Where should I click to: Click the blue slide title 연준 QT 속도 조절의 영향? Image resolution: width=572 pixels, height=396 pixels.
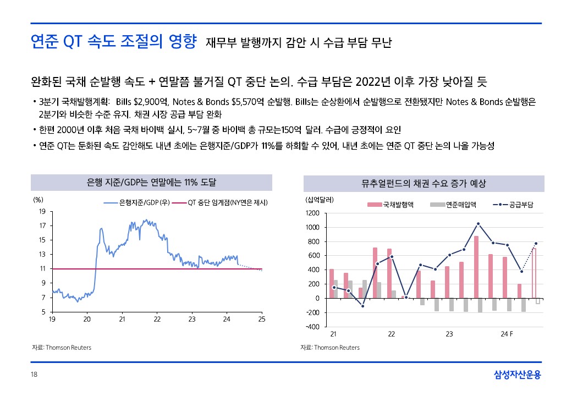coord(113,42)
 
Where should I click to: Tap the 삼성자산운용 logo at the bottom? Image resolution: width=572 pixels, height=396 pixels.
coord(518,375)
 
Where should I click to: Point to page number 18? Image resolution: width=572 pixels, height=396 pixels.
coord(34,374)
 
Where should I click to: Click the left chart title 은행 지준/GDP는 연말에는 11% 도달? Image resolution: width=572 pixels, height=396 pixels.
coord(151,182)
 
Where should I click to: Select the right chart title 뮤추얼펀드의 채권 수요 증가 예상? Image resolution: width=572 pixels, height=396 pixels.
coord(424,183)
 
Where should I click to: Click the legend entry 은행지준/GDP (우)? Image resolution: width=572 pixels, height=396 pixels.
coord(137,203)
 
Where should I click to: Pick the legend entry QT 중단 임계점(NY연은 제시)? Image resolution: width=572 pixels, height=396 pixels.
coord(219,203)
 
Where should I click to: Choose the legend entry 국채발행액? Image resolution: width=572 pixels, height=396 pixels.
coord(391,205)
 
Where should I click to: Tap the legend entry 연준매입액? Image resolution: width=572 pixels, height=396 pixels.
coord(453,205)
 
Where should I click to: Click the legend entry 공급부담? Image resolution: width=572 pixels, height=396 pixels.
coord(513,205)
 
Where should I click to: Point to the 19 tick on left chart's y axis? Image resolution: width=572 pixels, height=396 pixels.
coord(42,212)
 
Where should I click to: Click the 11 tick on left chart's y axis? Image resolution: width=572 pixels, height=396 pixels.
coord(43,269)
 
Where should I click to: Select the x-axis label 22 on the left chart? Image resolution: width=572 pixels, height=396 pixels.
coord(157,320)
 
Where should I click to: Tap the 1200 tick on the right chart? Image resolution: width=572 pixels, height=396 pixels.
coord(312,213)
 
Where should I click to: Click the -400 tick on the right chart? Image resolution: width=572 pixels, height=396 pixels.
coord(312,327)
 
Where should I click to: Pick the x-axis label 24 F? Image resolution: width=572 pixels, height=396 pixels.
coord(507,334)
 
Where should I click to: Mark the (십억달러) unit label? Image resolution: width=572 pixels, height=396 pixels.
coord(319,200)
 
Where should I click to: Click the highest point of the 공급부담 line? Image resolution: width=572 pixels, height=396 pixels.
coord(478,223)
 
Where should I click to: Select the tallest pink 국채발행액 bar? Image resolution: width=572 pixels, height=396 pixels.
coord(476,267)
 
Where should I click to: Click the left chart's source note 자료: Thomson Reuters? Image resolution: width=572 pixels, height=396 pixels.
coord(62,348)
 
